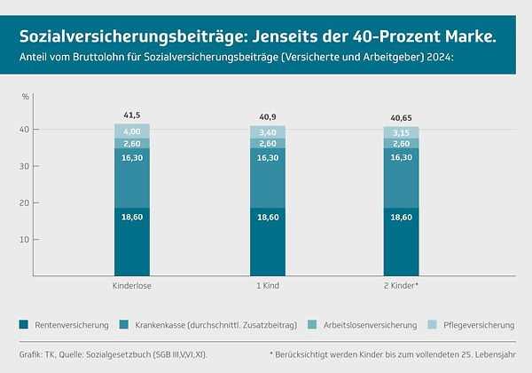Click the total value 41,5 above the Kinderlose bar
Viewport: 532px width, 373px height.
coord(131,116)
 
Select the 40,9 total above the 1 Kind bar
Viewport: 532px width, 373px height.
coord(267,116)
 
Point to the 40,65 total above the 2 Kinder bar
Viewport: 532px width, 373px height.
coord(402,116)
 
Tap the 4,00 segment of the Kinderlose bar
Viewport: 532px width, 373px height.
coord(131,131)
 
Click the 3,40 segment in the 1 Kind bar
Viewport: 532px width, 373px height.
coord(267,132)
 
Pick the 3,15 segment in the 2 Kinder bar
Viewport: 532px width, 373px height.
coord(402,132)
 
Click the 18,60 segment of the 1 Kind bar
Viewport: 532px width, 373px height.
coord(267,242)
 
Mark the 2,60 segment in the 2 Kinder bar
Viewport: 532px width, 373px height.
coord(402,143)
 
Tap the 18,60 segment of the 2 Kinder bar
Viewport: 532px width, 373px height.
coord(402,242)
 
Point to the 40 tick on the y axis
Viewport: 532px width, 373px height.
coord(26,129)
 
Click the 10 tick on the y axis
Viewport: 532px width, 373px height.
coord(26,240)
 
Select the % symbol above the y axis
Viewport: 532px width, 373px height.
coord(26,96)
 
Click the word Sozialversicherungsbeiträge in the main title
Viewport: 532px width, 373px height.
coord(132,37)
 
